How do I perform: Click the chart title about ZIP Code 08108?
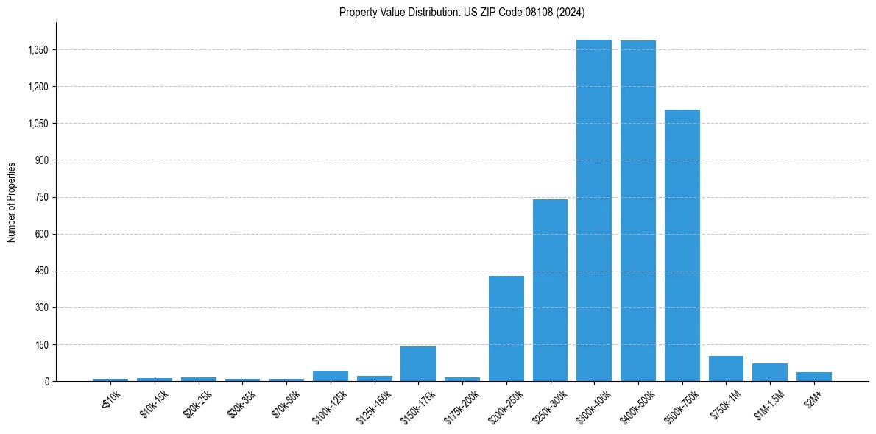(x=462, y=12)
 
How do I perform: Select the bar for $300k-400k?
(x=594, y=210)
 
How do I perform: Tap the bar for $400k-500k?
(x=637, y=211)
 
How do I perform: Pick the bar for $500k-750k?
(x=682, y=245)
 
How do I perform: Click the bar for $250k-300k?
(x=550, y=290)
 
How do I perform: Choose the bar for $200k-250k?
(x=506, y=328)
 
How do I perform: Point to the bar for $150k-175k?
(x=418, y=363)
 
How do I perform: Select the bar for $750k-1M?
(x=726, y=369)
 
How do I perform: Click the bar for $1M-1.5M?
(x=770, y=372)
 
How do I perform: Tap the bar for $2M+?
(x=813, y=377)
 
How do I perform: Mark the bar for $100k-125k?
(x=331, y=376)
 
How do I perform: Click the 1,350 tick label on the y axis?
(x=37, y=50)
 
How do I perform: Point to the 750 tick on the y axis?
(x=41, y=197)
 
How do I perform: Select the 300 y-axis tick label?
(x=41, y=307)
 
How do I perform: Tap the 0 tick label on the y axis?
(x=46, y=381)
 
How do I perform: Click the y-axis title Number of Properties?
(x=12, y=202)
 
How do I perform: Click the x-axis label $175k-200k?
(x=462, y=407)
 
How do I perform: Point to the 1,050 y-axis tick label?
(x=37, y=124)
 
